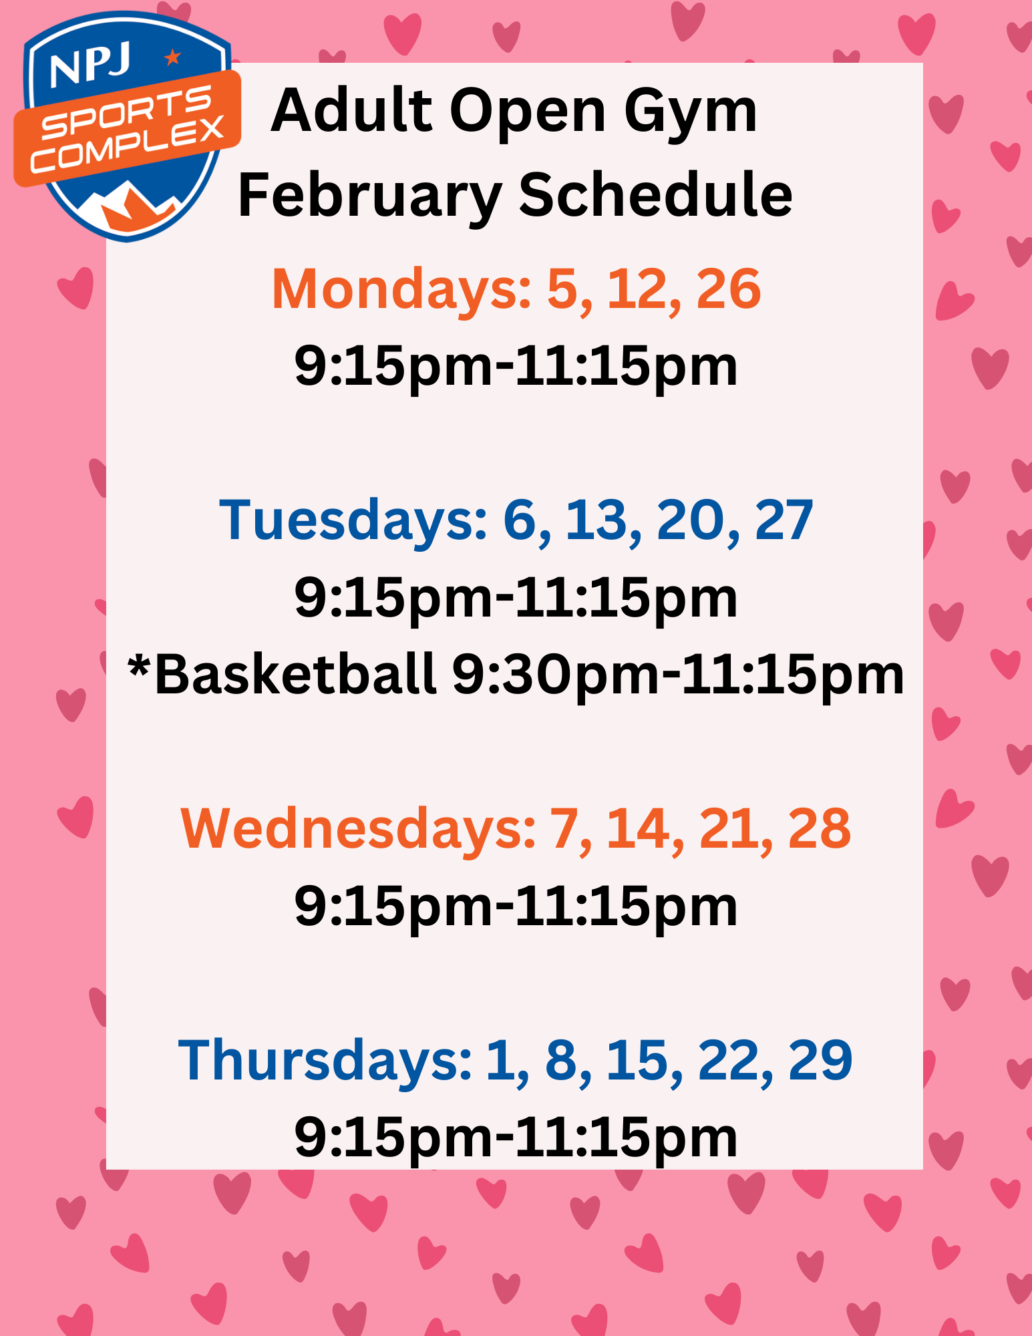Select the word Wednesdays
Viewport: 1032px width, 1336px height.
tap(357, 829)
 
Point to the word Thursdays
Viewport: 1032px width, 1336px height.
tap(325, 1060)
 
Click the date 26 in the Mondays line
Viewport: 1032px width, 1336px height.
tap(728, 289)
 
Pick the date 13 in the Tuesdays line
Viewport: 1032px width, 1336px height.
tap(596, 520)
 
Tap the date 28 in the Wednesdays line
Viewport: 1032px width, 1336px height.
tap(820, 829)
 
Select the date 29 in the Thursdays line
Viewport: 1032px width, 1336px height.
tap(820, 1060)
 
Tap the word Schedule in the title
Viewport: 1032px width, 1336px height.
tap(655, 195)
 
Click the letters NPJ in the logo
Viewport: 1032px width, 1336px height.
tap(90, 67)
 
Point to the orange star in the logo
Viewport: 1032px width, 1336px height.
tap(172, 57)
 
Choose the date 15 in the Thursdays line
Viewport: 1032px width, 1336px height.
tap(637, 1060)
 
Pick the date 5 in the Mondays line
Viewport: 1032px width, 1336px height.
tap(561, 289)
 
